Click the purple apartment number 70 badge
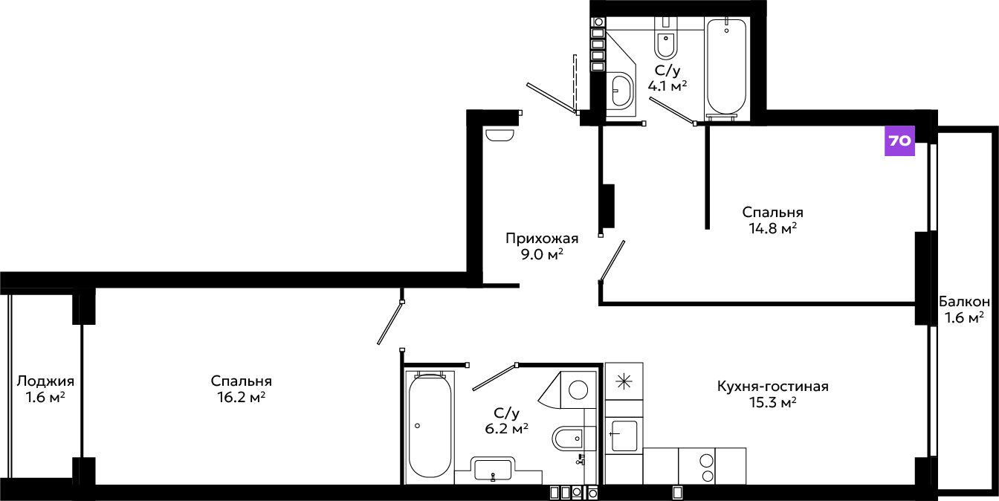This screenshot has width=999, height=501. pyautogui.click(x=899, y=140)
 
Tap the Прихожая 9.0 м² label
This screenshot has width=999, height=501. pyautogui.click(x=542, y=246)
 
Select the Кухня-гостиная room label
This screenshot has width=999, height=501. pyautogui.click(x=773, y=387)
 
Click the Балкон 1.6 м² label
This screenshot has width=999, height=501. pyautogui.click(x=964, y=310)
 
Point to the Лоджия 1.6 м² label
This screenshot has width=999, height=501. pyautogui.click(x=45, y=389)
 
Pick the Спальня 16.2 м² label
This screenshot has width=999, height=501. pyautogui.click(x=242, y=389)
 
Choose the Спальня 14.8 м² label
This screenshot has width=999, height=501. pyautogui.click(x=773, y=220)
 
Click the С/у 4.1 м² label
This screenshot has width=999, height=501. pyautogui.click(x=667, y=78)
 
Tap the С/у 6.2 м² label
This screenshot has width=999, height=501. pyautogui.click(x=507, y=421)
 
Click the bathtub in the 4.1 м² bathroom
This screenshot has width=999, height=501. pyautogui.click(x=726, y=66)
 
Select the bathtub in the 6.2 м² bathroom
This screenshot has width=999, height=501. pyautogui.click(x=430, y=426)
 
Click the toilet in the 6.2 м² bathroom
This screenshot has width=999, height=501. pyautogui.click(x=574, y=438)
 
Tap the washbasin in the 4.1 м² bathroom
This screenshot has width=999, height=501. pyautogui.click(x=620, y=90)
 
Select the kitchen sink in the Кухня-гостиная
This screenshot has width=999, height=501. pyautogui.click(x=624, y=436)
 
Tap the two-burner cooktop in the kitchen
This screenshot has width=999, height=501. pyautogui.click(x=696, y=466)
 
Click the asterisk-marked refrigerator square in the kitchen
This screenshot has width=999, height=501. pyautogui.click(x=624, y=381)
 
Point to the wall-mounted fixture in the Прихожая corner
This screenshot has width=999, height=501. pyautogui.click(x=499, y=135)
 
